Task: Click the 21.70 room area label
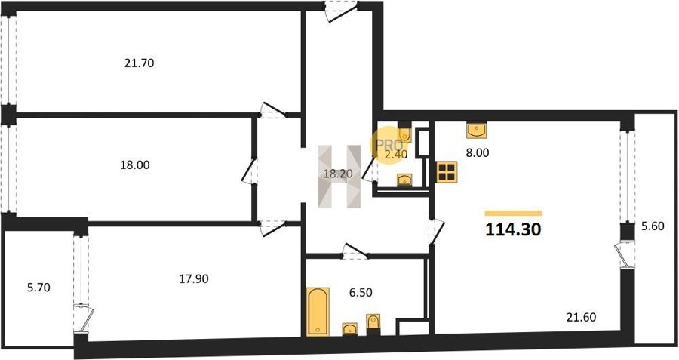(139, 63)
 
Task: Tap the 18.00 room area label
(135, 165)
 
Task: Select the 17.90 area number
(194, 279)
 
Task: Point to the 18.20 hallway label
(338, 174)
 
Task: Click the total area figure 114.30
(513, 229)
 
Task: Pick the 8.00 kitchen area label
(478, 153)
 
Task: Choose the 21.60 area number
(581, 317)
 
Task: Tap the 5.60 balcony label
(653, 226)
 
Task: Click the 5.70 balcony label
(38, 288)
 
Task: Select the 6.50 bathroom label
(361, 293)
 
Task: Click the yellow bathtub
(318, 312)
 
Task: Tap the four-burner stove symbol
(447, 171)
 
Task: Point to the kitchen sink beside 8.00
(476, 130)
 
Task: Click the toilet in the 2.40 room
(404, 133)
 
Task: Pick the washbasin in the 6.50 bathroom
(349, 329)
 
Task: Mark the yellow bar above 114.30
(513, 213)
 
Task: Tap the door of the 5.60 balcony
(624, 255)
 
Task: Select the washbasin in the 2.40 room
(404, 180)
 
